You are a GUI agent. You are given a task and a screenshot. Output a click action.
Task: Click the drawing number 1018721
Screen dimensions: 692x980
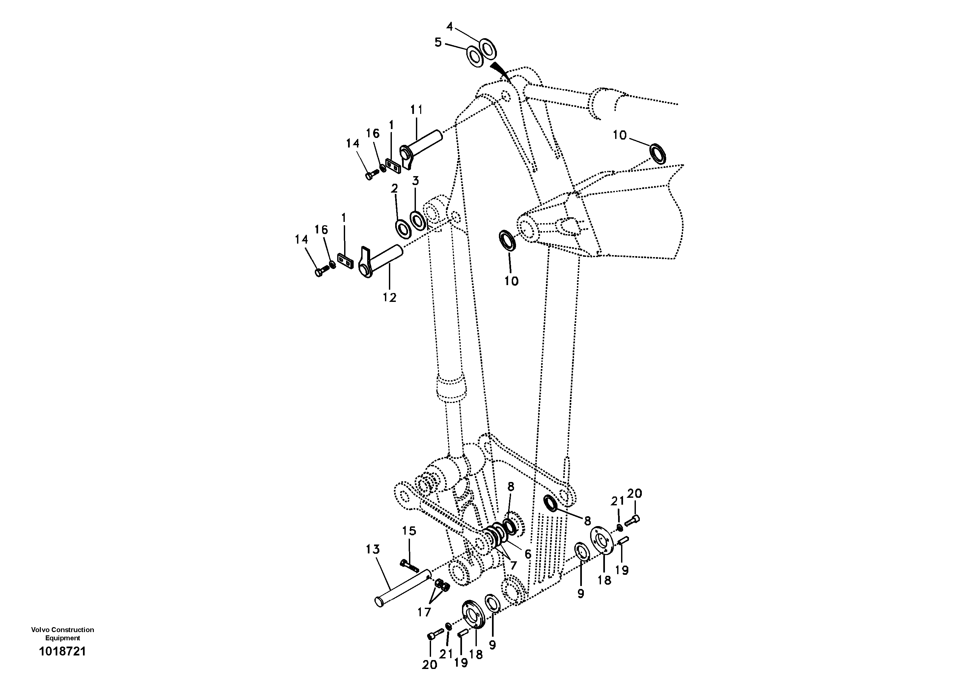coord(62,652)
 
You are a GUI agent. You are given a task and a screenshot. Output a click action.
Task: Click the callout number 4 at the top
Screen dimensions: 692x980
coord(449,26)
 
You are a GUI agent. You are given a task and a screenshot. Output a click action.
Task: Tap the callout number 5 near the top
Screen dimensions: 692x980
coord(438,42)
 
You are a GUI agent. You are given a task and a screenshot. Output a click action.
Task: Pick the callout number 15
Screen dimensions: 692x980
coord(409,531)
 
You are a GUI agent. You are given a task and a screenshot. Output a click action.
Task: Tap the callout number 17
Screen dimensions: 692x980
coord(424,613)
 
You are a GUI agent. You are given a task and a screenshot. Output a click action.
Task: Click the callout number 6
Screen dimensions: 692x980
coord(528,554)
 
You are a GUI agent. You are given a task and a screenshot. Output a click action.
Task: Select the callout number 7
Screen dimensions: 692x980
coord(513,566)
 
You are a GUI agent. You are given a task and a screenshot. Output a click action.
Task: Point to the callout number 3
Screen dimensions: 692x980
coord(415,180)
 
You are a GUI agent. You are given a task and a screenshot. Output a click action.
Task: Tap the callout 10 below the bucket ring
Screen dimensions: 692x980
coord(511,281)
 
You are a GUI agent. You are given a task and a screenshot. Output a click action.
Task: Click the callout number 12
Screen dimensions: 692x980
coord(389,297)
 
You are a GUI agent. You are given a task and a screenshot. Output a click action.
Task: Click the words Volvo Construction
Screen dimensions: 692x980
coord(62,630)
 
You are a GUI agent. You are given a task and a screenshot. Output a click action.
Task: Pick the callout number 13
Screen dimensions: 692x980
coord(373,549)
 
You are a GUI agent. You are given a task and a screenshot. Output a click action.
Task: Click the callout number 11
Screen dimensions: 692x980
coord(416,110)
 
